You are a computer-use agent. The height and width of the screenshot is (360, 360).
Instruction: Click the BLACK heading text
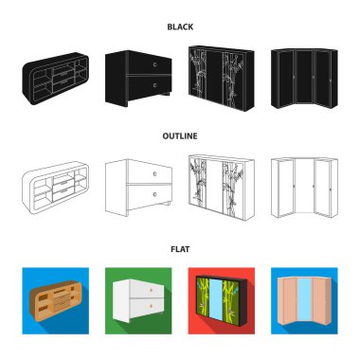179,28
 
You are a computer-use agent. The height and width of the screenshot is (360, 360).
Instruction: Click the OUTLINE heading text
179,135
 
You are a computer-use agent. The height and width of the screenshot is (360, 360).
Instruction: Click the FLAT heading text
179,251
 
